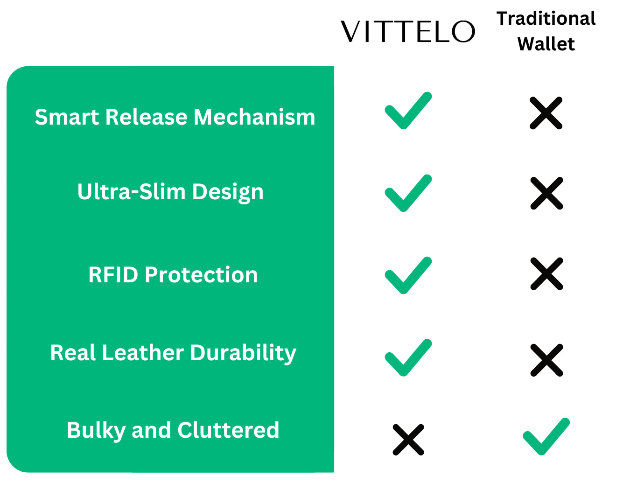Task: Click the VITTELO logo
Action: click(407, 31)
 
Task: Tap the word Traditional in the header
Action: click(546, 18)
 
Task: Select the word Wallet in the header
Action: click(546, 44)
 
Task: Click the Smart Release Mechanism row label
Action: click(175, 117)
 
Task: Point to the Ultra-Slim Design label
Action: click(170, 192)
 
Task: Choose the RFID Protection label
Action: click(173, 275)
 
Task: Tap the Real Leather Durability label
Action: click(173, 353)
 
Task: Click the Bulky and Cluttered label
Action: click(173, 430)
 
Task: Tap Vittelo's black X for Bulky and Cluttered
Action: click(408, 440)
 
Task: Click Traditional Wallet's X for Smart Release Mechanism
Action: click(546, 113)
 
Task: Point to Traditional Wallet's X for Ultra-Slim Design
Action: click(546, 193)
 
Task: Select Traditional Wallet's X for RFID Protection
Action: click(546, 273)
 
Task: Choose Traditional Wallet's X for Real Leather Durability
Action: click(546, 360)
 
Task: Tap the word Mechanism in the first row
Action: click(254, 117)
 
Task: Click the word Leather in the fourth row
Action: click(143, 353)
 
